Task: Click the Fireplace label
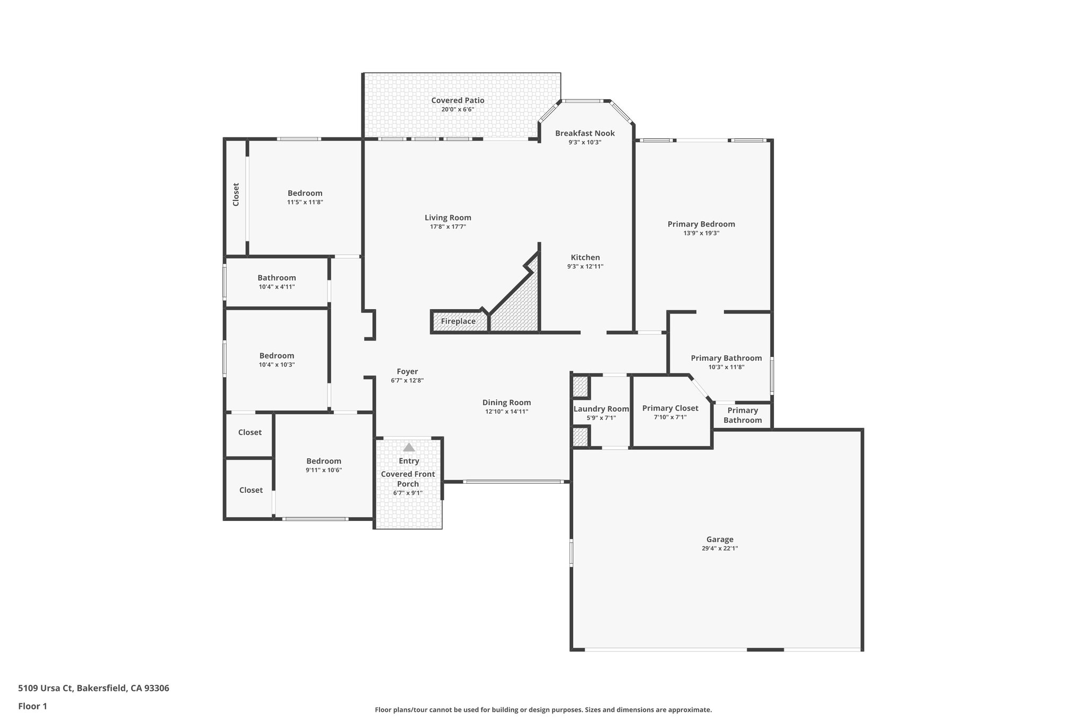coord(458,321)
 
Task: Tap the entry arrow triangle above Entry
coord(409,447)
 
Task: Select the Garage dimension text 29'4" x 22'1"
coord(719,548)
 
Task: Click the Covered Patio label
coord(458,100)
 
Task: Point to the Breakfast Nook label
coord(585,133)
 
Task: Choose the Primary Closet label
coord(670,408)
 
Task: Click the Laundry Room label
coord(601,409)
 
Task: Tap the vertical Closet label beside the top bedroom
coord(236,195)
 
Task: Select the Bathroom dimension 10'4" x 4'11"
coord(277,287)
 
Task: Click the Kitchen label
coord(585,257)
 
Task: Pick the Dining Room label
coord(506,403)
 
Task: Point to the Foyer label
coord(407,372)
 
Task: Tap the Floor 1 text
coord(32,706)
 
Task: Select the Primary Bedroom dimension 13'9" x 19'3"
coord(701,233)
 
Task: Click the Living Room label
coord(447,217)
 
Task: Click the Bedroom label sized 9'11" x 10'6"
coord(323,461)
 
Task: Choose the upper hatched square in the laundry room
coord(580,387)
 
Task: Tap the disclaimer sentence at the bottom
coord(543,710)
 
